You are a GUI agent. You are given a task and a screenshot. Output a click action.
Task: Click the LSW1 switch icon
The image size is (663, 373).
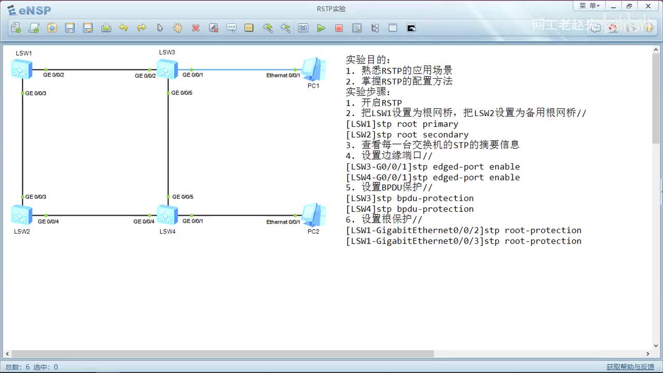22,69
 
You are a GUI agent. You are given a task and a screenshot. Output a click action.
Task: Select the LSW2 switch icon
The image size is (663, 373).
22,214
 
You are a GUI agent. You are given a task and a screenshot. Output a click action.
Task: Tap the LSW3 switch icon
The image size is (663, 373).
167,69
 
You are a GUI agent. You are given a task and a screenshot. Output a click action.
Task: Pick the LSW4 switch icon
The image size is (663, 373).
167,214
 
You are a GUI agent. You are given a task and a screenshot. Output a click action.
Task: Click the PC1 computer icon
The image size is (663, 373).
313,69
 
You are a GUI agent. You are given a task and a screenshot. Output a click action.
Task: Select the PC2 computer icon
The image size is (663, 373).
313,215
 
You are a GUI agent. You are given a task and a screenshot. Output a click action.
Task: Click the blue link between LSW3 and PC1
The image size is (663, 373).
243,69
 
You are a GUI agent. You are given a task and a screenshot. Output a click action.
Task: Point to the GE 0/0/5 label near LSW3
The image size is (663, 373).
182,93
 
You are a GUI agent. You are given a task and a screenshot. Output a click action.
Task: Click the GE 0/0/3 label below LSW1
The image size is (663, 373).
36,93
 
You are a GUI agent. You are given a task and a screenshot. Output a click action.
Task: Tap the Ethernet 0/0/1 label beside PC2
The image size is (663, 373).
283,222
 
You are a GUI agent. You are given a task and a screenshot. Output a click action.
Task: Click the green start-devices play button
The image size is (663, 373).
321,28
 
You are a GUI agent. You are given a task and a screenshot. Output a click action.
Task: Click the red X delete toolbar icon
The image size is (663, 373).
196,28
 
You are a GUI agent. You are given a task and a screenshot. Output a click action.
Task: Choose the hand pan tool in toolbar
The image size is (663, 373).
178,28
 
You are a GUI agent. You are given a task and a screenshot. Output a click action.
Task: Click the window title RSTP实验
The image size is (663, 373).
331,9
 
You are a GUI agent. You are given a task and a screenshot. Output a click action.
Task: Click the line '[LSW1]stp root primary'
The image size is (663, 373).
402,124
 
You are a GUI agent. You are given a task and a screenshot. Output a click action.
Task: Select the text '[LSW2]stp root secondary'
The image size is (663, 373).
407,135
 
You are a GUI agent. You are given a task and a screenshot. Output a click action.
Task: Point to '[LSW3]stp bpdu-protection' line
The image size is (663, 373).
410,198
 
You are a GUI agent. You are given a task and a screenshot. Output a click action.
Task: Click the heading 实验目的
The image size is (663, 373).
368,60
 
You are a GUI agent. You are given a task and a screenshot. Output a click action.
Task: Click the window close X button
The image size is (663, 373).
648,6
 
